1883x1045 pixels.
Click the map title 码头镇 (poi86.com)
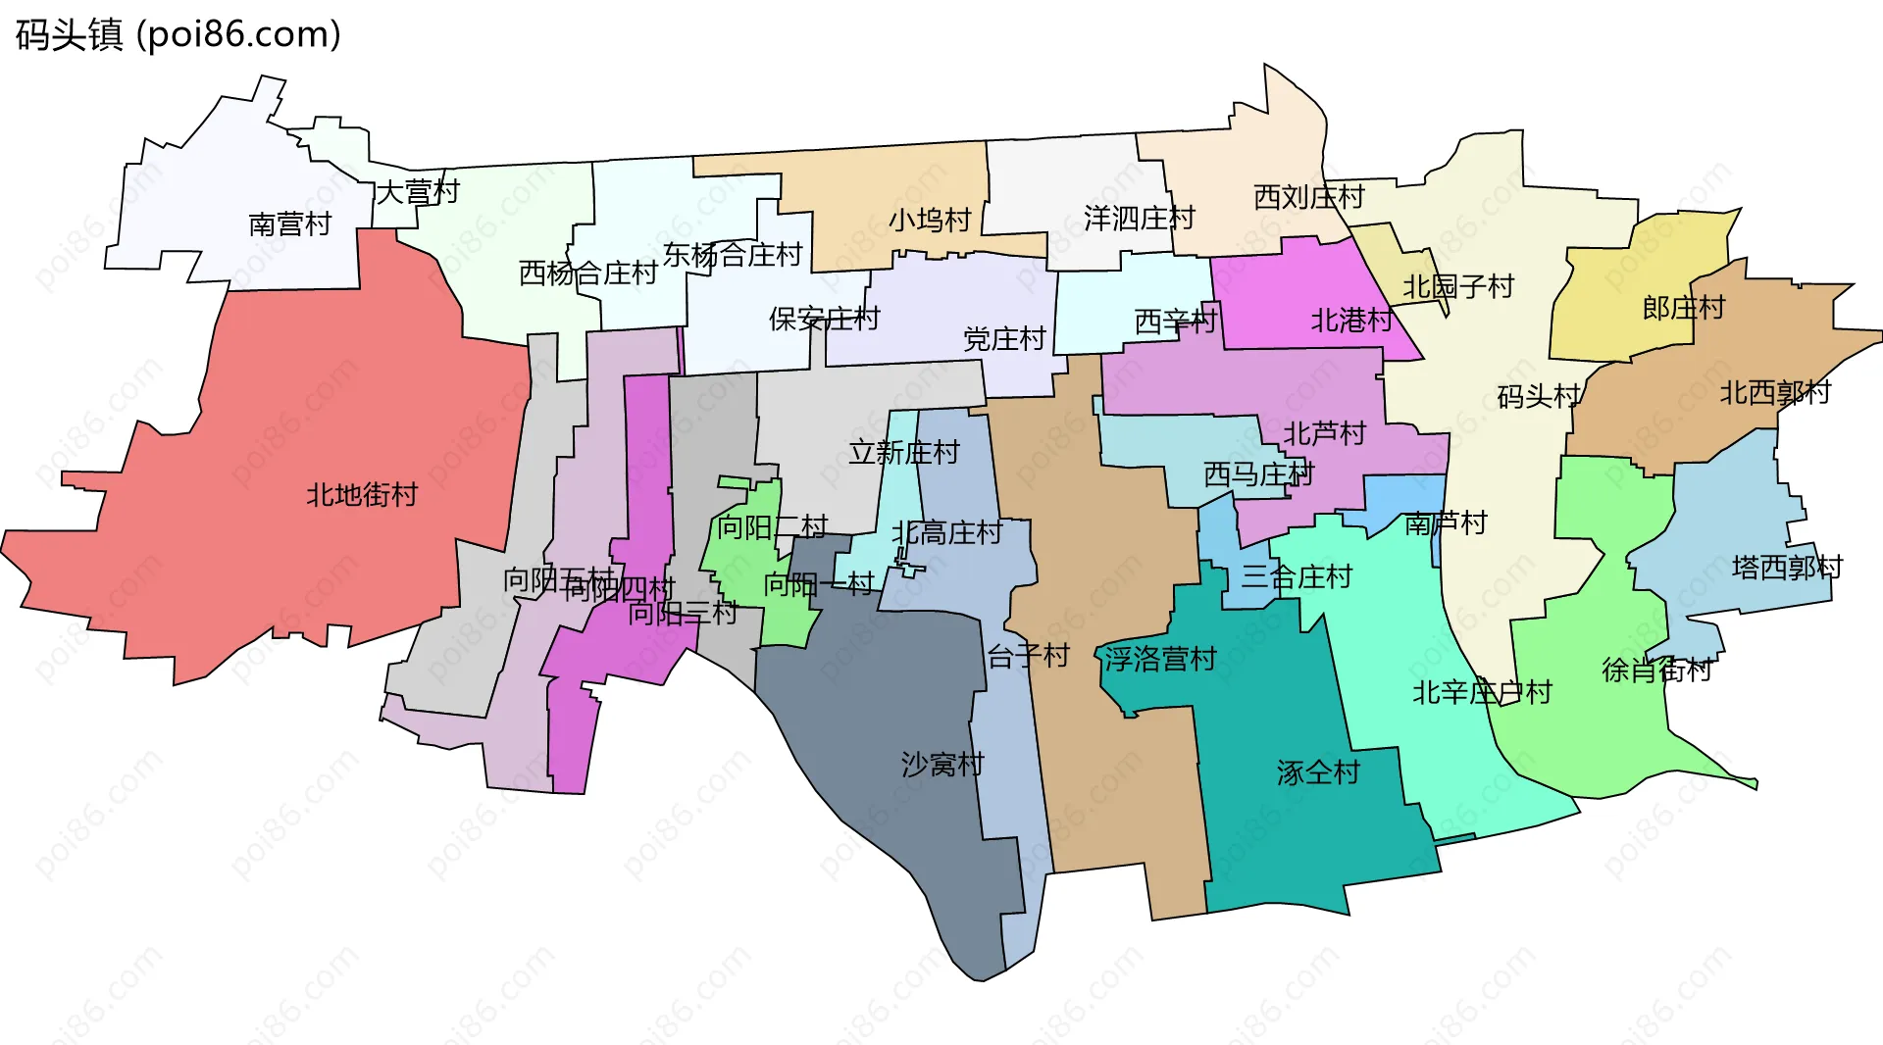click(x=178, y=34)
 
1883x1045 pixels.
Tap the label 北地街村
click(x=362, y=494)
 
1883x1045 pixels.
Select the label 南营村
click(x=289, y=224)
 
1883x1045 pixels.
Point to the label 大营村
click(x=418, y=191)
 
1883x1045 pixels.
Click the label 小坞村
click(x=930, y=220)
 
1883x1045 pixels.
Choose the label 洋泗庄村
click(x=1139, y=218)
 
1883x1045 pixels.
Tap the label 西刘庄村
click(x=1308, y=197)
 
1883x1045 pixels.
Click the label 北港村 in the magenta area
click(x=1351, y=320)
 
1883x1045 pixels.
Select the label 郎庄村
click(x=1683, y=308)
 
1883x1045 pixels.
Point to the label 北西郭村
click(x=1775, y=392)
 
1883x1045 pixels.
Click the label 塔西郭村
click(x=1787, y=567)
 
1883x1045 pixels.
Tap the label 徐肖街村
click(x=1656, y=670)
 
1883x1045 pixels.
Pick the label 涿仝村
click(x=1318, y=772)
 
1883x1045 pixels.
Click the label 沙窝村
click(x=942, y=764)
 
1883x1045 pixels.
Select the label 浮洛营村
click(x=1160, y=658)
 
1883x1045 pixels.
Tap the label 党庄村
click(x=1004, y=339)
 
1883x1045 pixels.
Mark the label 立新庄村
click(x=903, y=452)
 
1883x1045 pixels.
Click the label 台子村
click(x=1028, y=656)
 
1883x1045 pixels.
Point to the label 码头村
click(x=1538, y=396)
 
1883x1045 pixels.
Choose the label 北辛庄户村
click(x=1482, y=692)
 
